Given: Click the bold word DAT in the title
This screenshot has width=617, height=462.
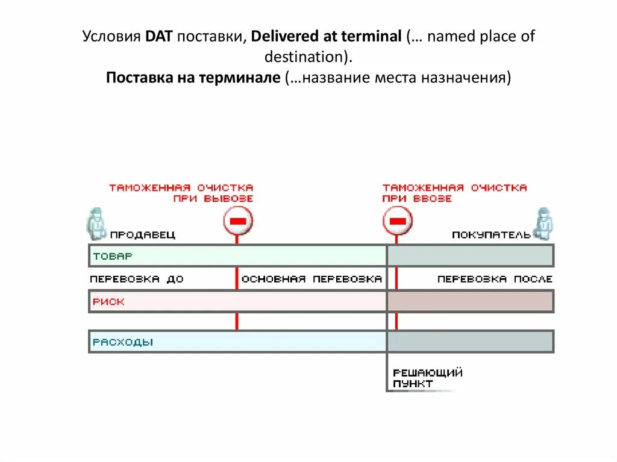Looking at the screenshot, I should pos(158,37).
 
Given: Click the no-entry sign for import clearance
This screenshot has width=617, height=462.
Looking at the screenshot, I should pos(397,221).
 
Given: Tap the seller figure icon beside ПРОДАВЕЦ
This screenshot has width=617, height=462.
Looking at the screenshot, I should pos(95,223).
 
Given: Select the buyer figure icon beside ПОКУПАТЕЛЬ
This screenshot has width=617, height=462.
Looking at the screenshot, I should pos(545,223).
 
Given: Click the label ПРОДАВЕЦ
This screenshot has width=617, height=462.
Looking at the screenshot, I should pos(142,235).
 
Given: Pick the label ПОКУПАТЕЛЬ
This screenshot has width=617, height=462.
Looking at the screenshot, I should pos(491,235).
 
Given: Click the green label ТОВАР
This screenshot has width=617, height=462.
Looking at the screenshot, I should pos(112,256).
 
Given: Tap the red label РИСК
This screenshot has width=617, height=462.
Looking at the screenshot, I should pos(108,301).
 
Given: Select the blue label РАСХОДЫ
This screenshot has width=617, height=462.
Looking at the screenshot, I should pos(123,342).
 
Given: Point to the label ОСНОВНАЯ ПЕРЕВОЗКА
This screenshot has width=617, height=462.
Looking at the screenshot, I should pos(312,279).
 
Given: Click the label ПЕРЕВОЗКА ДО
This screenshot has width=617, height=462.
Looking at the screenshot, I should pos(137,279).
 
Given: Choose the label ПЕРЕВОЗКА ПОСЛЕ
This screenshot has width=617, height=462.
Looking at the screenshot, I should pos(495,279).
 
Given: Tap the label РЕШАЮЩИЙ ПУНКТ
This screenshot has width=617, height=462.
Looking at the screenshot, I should pos(427,378).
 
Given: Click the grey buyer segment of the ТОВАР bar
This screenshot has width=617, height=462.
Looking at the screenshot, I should pos(470,256).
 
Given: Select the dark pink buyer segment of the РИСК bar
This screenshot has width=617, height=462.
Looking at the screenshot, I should pos(470,301).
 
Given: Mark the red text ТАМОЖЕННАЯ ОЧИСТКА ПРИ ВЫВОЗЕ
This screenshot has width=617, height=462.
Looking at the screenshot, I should pos(181,193).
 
